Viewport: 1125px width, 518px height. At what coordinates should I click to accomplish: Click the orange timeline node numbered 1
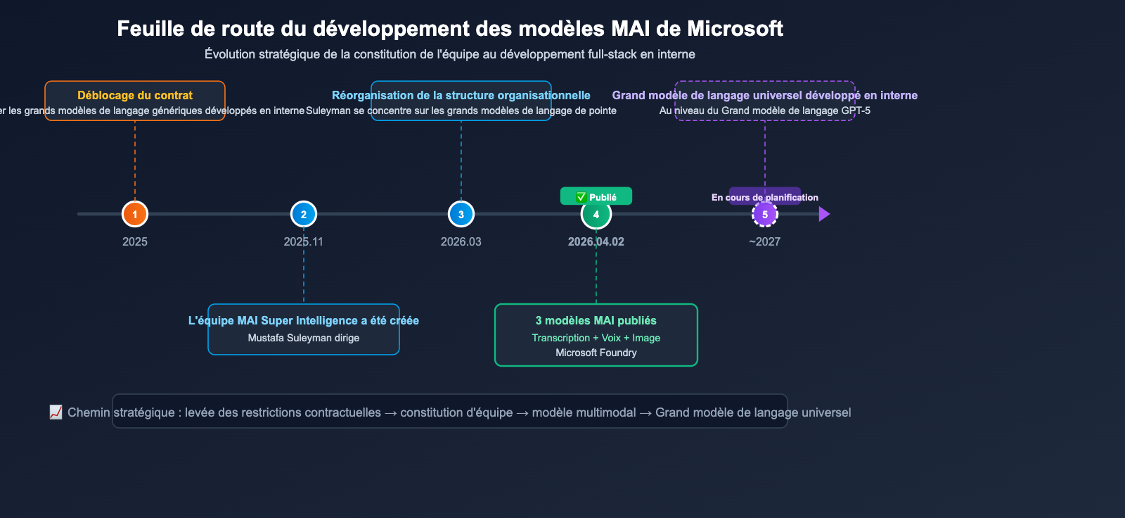(x=135, y=214)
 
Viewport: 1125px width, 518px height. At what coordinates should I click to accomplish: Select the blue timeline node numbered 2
(x=304, y=214)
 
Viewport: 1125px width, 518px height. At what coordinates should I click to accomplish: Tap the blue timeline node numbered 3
(x=461, y=214)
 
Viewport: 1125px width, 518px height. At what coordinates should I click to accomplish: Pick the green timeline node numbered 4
(x=596, y=214)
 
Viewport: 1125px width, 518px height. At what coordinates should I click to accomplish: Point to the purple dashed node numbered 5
(x=765, y=214)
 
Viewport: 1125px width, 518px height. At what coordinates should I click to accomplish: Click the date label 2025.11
(x=304, y=241)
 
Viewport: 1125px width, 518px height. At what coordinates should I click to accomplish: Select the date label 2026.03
(x=461, y=241)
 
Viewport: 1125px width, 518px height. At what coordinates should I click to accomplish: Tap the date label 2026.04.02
(x=596, y=241)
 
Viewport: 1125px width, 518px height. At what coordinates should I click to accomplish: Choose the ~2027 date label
(x=765, y=241)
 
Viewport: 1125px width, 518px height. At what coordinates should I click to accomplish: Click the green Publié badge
(x=596, y=196)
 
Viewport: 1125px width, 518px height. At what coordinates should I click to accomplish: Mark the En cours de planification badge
(x=765, y=197)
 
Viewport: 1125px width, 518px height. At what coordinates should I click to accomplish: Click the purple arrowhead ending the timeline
(x=824, y=214)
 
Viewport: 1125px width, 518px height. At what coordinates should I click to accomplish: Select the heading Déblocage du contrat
(x=135, y=95)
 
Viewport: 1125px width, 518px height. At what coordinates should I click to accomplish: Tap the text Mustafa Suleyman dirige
(x=304, y=338)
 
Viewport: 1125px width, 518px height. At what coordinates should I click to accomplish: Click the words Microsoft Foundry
(x=596, y=353)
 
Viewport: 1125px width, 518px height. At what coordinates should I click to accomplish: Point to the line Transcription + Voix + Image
(x=596, y=338)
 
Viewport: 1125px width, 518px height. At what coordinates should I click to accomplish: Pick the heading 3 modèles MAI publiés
(x=596, y=320)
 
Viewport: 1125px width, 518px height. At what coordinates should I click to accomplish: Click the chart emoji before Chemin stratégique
(x=56, y=412)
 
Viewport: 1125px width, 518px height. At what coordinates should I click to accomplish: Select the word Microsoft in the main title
(x=735, y=29)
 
